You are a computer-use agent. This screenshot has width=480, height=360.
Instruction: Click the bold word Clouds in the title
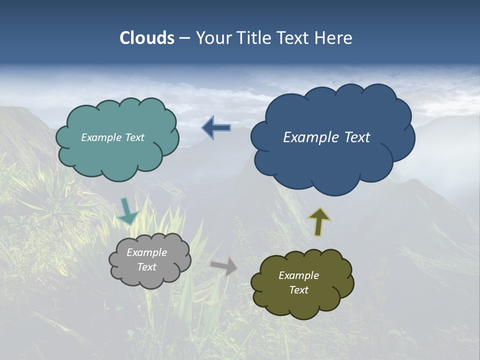[146, 38]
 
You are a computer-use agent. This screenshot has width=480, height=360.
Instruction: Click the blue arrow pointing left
[216, 128]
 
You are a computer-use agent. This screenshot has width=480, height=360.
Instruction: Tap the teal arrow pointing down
[127, 211]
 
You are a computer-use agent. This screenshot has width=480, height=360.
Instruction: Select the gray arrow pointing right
[224, 266]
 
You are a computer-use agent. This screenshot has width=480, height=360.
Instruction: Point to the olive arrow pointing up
[319, 221]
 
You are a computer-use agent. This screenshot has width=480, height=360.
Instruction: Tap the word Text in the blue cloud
[357, 137]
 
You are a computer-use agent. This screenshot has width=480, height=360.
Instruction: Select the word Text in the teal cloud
[134, 137]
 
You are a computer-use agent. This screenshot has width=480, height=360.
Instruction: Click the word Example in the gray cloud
[146, 252]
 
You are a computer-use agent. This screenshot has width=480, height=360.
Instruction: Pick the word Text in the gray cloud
[147, 267]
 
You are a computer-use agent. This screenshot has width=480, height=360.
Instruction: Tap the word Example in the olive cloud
[298, 275]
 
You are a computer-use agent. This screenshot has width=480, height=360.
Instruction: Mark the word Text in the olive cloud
[298, 290]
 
